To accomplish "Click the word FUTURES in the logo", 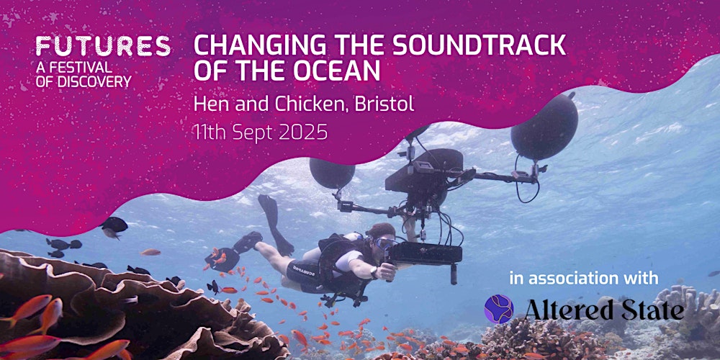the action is click(103, 46).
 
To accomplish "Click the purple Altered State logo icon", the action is click(499, 309).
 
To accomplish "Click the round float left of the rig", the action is click(332, 173).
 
